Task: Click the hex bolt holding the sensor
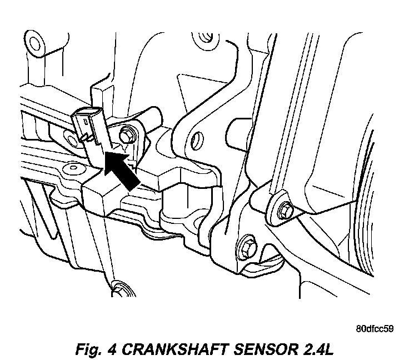[125, 134]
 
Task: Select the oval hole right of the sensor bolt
[196, 136]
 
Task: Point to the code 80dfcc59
[375, 328]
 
